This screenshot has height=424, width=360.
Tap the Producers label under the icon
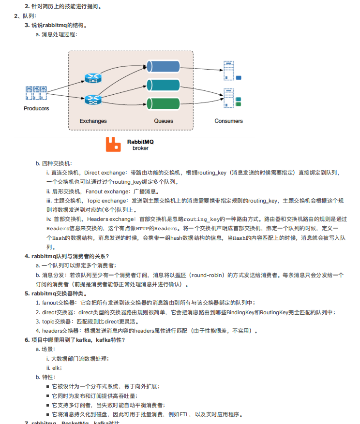pos(36,108)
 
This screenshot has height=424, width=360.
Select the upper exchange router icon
pos(91,77)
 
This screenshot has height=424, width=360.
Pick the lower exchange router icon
pos(91,100)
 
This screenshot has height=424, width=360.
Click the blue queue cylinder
pos(164,65)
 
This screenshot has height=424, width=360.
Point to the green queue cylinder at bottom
pos(164,102)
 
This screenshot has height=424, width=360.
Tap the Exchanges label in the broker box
pos(93,121)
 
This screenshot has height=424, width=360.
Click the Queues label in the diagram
pos(164,121)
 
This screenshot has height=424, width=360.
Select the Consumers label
pos(228,121)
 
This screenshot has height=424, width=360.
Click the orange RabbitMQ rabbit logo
pos(113,144)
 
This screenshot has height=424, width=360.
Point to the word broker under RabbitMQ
pos(140,148)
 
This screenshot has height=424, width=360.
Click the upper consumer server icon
pos(229,71)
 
